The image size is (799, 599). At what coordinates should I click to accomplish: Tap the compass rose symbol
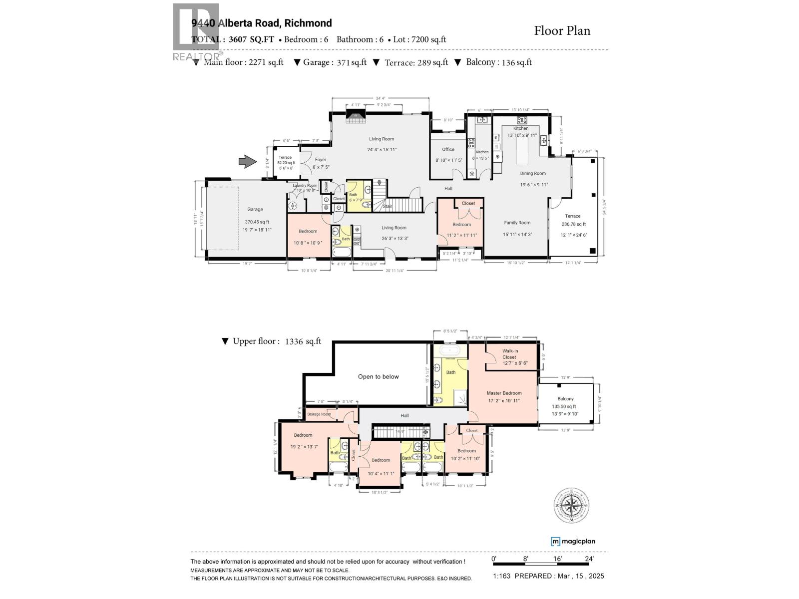pyautogui.click(x=571, y=506)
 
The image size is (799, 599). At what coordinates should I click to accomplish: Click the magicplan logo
pyautogui.click(x=573, y=541)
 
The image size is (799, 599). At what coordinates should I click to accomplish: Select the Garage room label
pyautogui.click(x=255, y=210)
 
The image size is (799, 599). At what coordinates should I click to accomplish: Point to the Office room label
pyautogui.click(x=448, y=149)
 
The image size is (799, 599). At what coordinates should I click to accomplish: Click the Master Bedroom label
pyautogui.click(x=504, y=393)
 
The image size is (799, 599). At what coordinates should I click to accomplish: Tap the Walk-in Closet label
pyautogui.click(x=510, y=354)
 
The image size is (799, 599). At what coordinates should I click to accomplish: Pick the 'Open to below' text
pyautogui.click(x=378, y=377)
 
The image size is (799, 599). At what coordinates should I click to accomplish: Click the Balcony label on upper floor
pyautogui.click(x=565, y=399)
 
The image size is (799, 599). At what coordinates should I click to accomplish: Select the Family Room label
pyautogui.click(x=517, y=223)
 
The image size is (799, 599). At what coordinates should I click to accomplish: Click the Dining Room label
pyautogui.click(x=533, y=174)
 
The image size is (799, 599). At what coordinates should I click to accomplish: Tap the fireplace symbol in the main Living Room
pyautogui.click(x=356, y=116)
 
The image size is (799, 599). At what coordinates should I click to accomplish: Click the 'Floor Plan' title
pyautogui.click(x=562, y=31)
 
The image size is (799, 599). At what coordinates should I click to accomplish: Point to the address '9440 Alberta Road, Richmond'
pyautogui.click(x=262, y=23)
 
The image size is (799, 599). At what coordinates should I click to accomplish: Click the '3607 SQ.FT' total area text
pyautogui.click(x=251, y=39)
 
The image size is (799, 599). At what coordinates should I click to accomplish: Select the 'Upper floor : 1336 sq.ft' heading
pyautogui.click(x=271, y=341)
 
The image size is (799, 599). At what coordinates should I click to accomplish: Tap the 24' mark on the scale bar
pyautogui.click(x=589, y=559)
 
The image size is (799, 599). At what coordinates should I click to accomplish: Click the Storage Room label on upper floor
pyautogui.click(x=319, y=414)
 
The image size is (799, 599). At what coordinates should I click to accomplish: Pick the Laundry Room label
pyautogui.click(x=305, y=185)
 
